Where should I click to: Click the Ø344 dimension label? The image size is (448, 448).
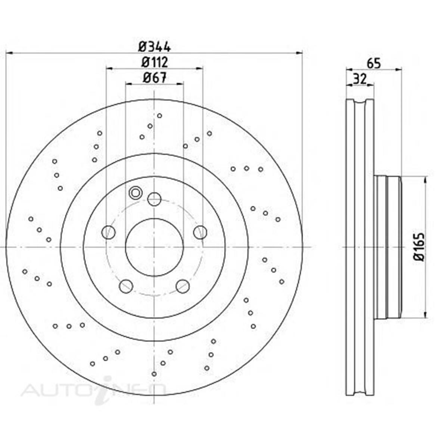[x=154, y=47]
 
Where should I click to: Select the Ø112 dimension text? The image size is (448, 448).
[x=154, y=62]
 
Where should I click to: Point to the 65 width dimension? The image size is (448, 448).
[x=373, y=63]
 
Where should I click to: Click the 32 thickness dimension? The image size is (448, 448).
[x=360, y=79]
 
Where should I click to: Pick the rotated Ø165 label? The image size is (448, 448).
[x=419, y=247]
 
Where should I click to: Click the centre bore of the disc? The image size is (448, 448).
[x=154, y=247]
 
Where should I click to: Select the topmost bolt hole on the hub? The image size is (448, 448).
[x=154, y=199]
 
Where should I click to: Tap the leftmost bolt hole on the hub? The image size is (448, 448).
[x=108, y=232]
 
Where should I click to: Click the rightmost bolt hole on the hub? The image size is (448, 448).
[x=200, y=232]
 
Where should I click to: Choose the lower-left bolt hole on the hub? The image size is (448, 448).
[x=126, y=286]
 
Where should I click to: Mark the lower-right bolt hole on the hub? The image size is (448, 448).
[x=183, y=286]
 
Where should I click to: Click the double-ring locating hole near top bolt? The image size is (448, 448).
[x=135, y=193]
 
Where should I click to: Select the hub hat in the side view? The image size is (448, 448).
[x=388, y=247]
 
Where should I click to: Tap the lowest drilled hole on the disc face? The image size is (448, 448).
[x=154, y=374]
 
